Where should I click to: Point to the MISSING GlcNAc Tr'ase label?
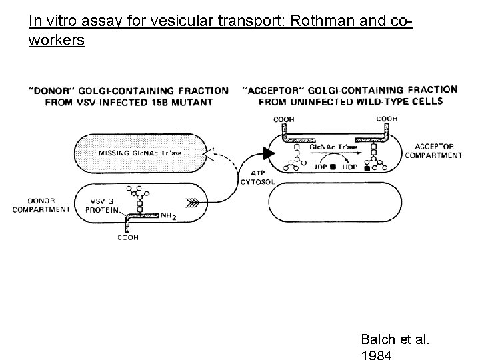(x=139, y=153)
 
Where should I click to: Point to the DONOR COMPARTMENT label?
(x=41, y=205)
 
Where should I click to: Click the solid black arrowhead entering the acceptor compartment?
(x=268, y=154)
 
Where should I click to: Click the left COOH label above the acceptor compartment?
(x=284, y=119)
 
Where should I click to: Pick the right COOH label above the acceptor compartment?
(x=387, y=119)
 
